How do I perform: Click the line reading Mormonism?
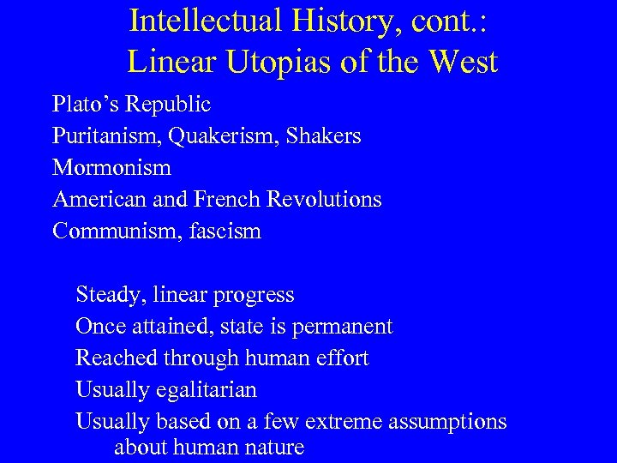(x=111, y=167)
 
